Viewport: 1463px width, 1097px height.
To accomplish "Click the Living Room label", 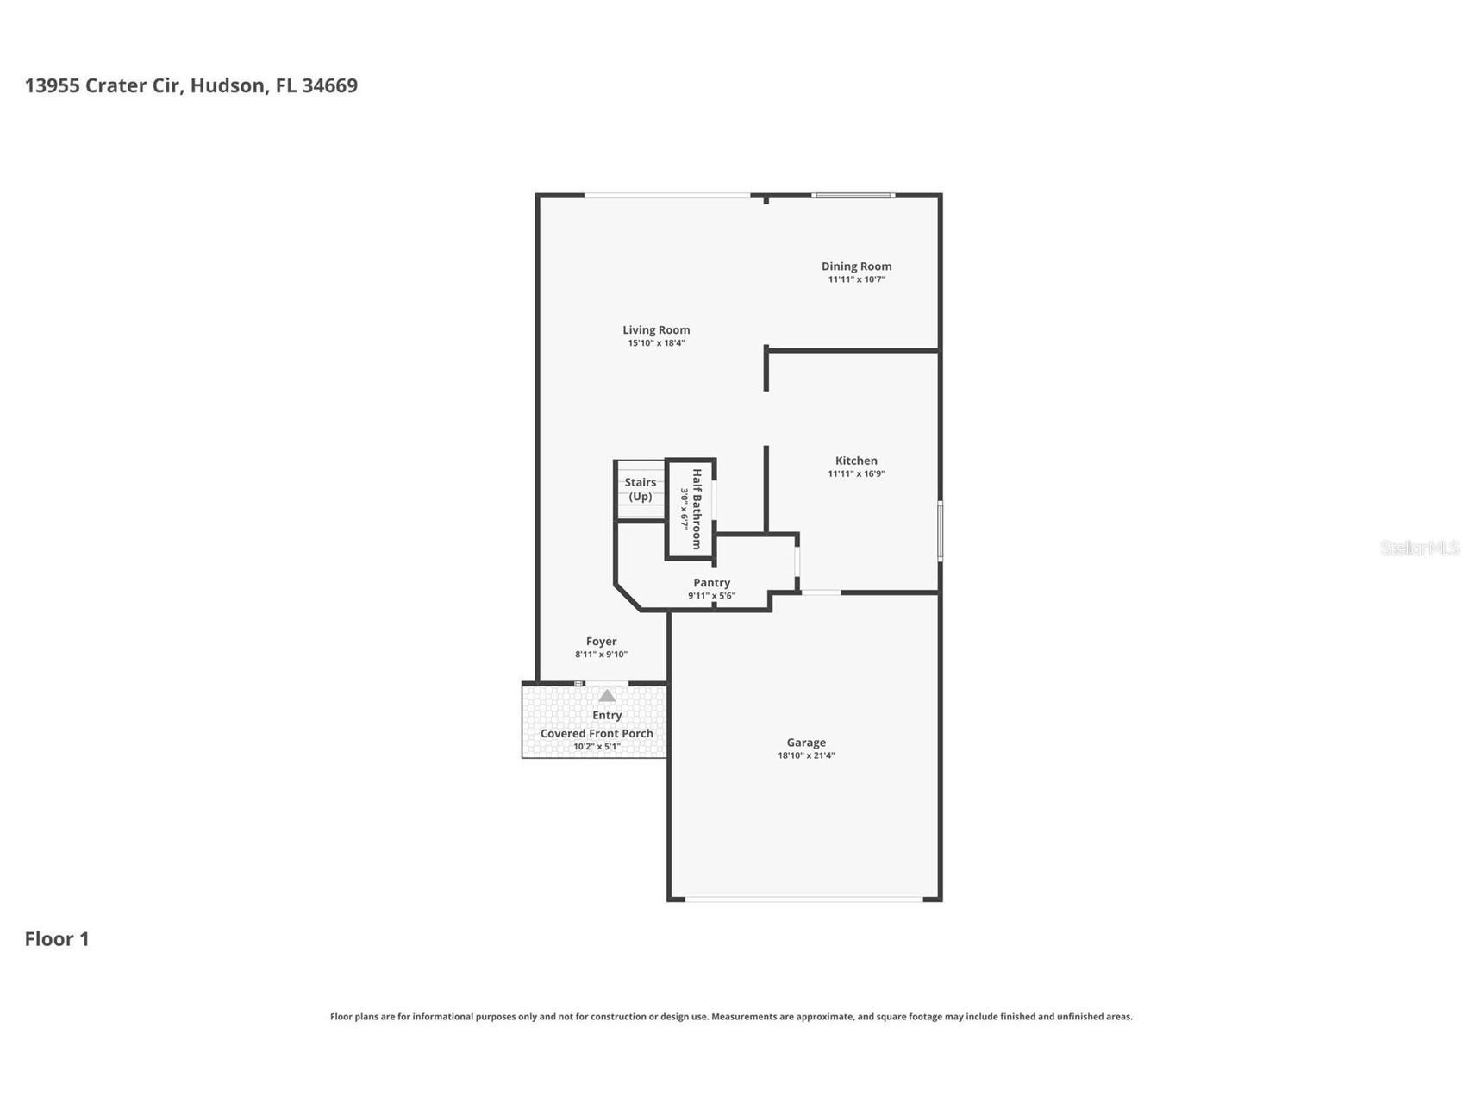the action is pos(656,329).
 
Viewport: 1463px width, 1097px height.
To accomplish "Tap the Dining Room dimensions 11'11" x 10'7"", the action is pos(856,279).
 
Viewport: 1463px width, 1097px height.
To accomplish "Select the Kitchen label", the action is pos(856,461).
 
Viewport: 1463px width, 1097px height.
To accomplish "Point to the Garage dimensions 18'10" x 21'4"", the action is pos(806,755).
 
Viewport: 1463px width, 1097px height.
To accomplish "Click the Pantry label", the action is pos(711,583).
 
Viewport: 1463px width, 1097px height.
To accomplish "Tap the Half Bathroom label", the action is pos(697,510).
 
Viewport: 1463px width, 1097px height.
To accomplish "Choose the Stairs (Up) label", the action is pos(640,489).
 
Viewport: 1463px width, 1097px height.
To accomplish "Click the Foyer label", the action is pos(601,642).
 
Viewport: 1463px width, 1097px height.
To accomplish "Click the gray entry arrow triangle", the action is pos(607,695).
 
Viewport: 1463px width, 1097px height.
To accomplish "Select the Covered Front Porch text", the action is pos(597,733).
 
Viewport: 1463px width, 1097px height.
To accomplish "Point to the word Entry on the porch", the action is pos(607,715).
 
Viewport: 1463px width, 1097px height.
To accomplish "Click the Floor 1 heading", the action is pos(57,938).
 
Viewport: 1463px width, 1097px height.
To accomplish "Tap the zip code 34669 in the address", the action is pos(329,85).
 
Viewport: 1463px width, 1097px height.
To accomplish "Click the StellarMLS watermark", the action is pos(1420,548).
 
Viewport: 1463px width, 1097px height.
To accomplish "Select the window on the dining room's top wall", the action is pos(853,196).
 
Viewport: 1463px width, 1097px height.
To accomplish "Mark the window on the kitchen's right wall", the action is pos(940,531).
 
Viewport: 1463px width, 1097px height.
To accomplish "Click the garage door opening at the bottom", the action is pos(803,900).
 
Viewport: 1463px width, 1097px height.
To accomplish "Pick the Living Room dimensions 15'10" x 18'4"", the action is pos(656,343).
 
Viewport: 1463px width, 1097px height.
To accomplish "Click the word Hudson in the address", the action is pos(228,85).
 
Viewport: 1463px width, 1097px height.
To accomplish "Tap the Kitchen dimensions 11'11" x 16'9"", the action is pos(856,473).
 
